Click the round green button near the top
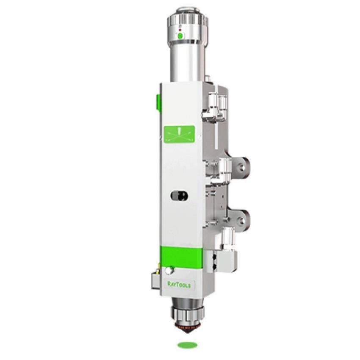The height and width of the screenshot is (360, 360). [x=180, y=36]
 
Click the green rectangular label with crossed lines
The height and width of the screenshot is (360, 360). [x=179, y=134]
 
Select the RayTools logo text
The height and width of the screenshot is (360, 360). [x=179, y=285]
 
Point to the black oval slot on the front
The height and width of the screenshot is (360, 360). [x=179, y=196]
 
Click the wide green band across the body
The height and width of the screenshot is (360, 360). [x=181, y=257]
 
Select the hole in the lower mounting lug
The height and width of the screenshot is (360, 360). [x=241, y=221]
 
